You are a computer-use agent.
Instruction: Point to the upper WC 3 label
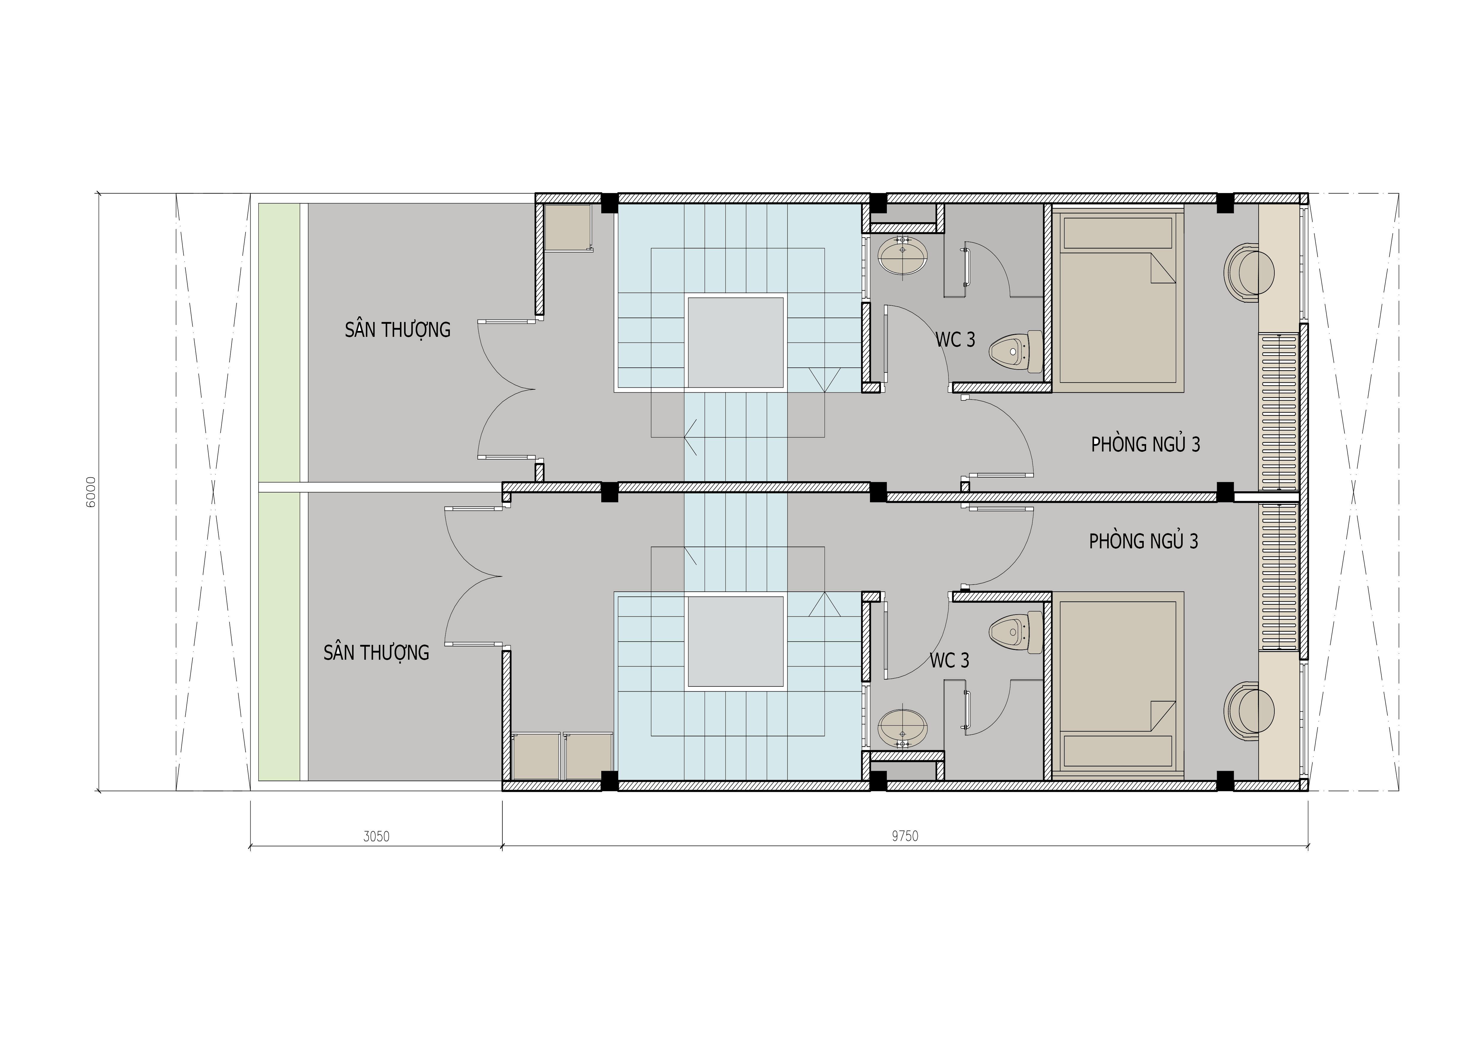955,340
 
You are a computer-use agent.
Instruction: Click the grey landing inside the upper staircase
736,341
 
